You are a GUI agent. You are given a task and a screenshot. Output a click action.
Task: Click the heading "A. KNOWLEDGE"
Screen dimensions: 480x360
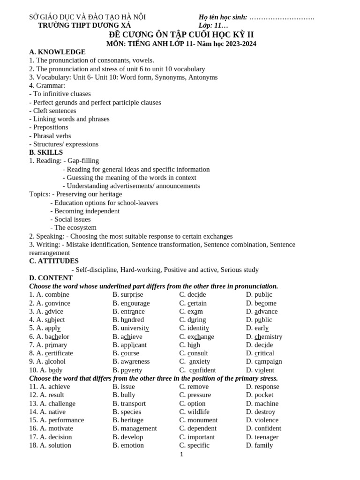(x=57, y=52)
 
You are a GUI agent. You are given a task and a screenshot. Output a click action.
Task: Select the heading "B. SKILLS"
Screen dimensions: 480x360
(x=46, y=152)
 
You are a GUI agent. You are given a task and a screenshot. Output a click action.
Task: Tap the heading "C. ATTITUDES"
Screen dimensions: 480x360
(x=54, y=261)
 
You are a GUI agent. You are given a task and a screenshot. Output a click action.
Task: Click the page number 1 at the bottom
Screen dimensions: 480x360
(x=181, y=454)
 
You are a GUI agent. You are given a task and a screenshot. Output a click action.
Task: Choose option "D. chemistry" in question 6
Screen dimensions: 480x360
(x=264, y=337)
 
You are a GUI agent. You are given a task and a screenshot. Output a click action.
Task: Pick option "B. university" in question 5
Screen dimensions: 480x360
(x=131, y=328)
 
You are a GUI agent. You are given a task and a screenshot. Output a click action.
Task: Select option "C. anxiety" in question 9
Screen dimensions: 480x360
(x=195, y=361)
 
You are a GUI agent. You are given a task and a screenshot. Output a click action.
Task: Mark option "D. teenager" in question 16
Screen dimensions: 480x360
(x=262, y=437)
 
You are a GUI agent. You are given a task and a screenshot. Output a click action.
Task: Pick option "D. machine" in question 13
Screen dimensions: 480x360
(x=262, y=403)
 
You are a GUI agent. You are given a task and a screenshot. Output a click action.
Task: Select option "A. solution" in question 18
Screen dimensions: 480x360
(x=50, y=445)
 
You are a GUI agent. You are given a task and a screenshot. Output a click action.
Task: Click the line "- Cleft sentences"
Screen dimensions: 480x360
(x=52, y=111)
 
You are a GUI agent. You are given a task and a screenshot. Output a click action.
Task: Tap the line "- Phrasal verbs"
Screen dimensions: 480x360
(x=50, y=136)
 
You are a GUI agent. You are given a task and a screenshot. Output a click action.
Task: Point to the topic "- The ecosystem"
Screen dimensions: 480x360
(x=74, y=228)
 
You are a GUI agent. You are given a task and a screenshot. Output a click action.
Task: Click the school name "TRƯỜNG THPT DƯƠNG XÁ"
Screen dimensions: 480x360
(x=84, y=25)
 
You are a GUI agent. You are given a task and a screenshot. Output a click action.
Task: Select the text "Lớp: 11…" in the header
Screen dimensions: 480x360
(x=213, y=25)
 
